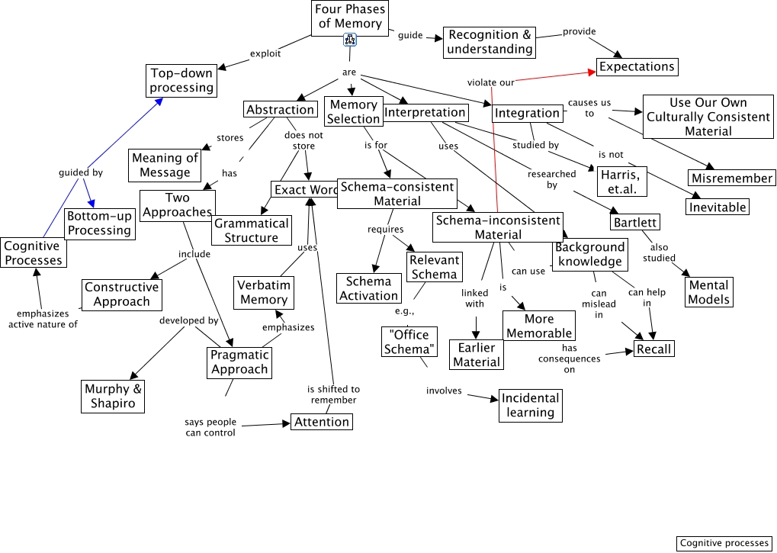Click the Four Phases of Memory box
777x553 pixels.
(x=350, y=18)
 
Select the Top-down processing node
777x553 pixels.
(x=181, y=80)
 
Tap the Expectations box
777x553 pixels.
(x=637, y=66)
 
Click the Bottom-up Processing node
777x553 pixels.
(x=100, y=223)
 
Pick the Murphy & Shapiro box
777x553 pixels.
(x=113, y=396)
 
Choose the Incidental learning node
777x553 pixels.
(x=530, y=405)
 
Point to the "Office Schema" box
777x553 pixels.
(x=409, y=342)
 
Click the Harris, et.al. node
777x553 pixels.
(x=622, y=182)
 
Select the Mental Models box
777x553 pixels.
(x=708, y=292)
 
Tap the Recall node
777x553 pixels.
(x=653, y=349)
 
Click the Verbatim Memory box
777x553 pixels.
(x=264, y=292)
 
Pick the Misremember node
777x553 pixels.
(x=732, y=178)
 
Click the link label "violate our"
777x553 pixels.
(x=490, y=82)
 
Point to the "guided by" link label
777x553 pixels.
(x=81, y=172)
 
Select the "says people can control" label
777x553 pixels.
(x=210, y=427)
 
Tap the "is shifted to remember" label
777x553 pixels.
(x=333, y=394)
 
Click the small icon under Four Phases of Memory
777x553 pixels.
(x=350, y=40)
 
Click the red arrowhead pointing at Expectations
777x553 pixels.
(x=592, y=72)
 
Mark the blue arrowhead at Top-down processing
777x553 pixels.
(x=159, y=101)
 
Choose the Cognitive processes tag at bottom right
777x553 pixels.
(x=724, y=543)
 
